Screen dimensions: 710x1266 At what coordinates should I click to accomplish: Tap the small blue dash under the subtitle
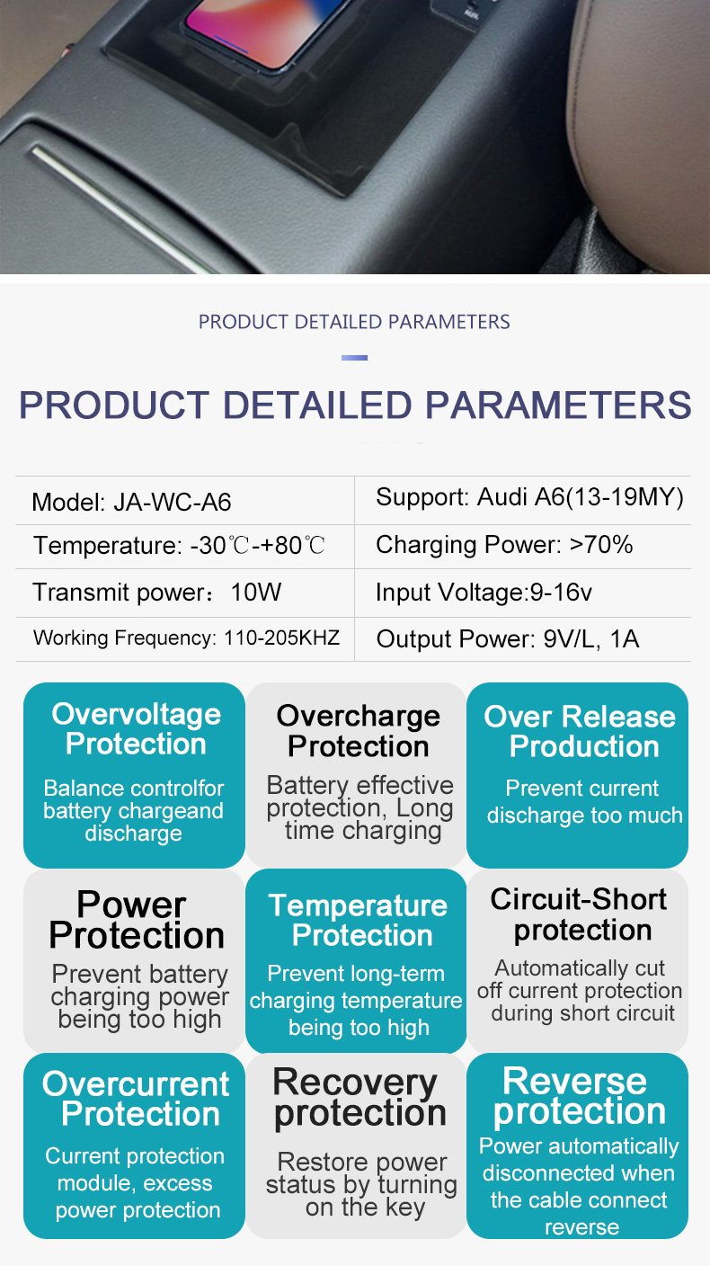coord(355,358)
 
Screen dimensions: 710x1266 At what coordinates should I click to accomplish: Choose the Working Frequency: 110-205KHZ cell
coord(186,637)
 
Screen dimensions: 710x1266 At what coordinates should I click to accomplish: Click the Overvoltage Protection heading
coord(136,729)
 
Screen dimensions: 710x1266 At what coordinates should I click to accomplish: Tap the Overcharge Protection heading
coord(358,731)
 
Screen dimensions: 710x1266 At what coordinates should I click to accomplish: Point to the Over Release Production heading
coord(580,732)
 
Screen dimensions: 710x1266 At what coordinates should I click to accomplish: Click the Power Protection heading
coord(136,920)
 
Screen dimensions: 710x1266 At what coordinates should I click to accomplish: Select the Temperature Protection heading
coord(358,920)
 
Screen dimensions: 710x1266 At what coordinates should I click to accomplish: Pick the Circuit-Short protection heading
coord(579,914)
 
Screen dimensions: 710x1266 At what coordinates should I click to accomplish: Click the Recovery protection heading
coord(359,1098)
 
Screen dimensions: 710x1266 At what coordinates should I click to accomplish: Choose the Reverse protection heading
coord(579,1096)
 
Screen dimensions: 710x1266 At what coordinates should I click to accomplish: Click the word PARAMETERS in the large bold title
coord(558,406)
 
